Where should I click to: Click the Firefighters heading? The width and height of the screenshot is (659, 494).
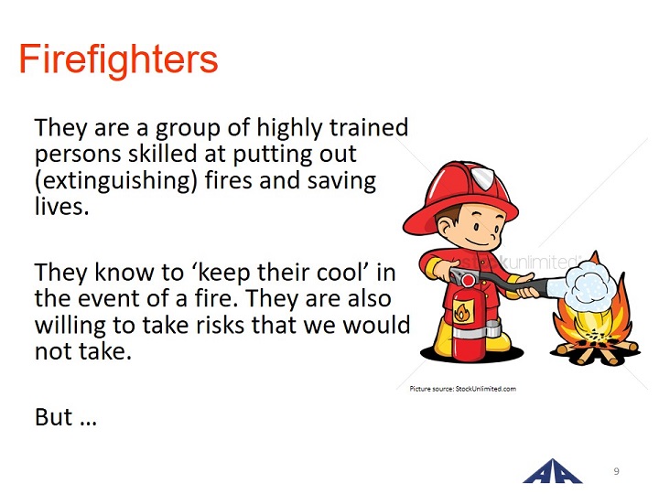(x=118, y=60)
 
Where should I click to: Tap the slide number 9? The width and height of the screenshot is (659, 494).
(x=617, y=471)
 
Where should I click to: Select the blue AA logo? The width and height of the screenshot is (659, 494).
(x=553, y=471)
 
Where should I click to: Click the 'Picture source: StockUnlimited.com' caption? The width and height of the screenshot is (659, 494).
(x=463, y=389)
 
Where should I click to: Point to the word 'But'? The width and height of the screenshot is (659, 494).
(x=53, y=417)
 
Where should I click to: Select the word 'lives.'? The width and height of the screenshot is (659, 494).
(x=62, y=206)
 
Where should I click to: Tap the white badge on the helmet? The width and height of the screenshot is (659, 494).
(x=483, y=176)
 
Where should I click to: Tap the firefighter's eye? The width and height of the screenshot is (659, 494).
(x=476, y=227)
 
